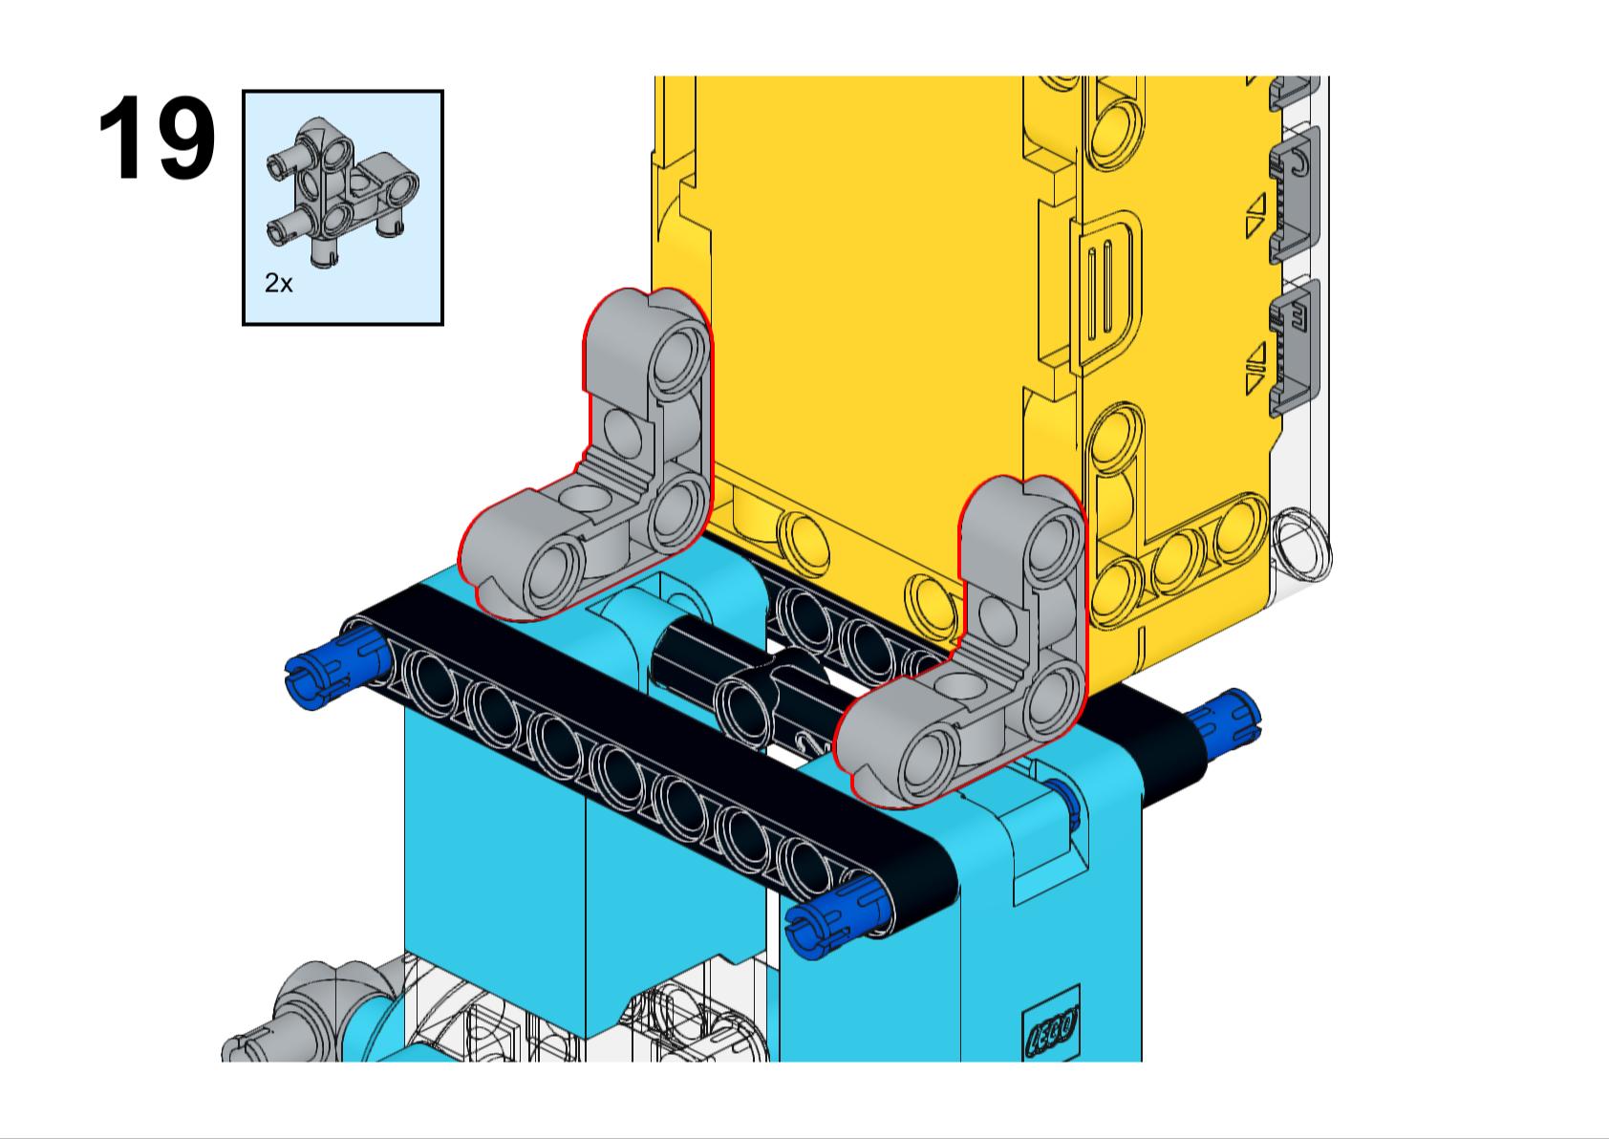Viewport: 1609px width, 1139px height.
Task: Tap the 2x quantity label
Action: point(278,283)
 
